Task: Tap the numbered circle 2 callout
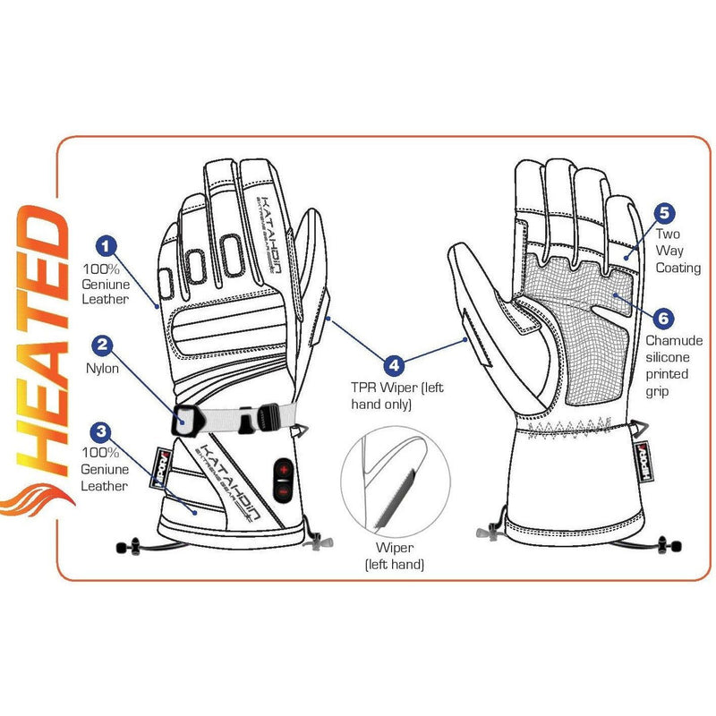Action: (104, 344)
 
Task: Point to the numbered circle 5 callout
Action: (663, 213)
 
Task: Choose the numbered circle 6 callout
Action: (663, 318)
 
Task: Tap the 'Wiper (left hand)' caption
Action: (393, 556)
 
